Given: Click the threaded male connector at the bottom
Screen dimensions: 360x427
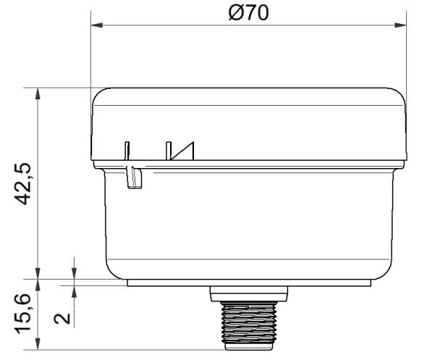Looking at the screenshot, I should [248, 325].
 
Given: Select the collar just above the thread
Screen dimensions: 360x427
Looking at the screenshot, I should [248, 294].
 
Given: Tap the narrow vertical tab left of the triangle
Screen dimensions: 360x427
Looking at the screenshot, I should [126, 149].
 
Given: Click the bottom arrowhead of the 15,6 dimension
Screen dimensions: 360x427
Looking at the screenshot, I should [37, 346].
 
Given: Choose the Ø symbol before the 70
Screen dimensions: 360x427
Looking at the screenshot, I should [234, 12].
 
